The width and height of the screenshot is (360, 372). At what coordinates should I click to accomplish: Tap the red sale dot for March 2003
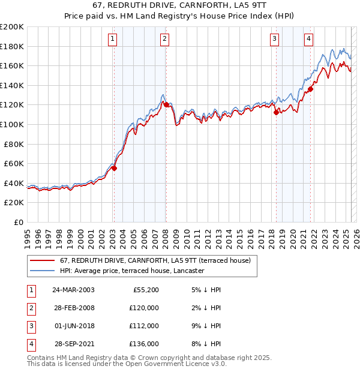[114, 169]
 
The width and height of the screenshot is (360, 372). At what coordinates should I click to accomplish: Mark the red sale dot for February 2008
[166, 105]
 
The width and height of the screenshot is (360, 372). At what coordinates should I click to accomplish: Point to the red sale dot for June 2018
[276, 112]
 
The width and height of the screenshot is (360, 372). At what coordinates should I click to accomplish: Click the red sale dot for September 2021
[311, 89]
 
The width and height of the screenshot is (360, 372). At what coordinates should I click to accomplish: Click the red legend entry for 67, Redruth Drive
[158, 261]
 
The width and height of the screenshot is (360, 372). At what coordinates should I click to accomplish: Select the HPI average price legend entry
[132, 271]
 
